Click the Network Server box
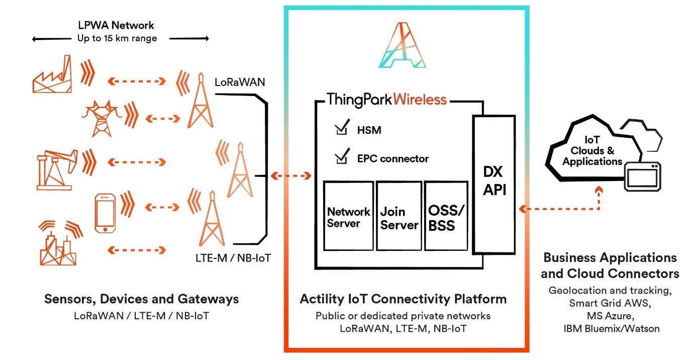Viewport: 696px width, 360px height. tap(348, 216)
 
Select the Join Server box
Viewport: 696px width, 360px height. tap(399, 216)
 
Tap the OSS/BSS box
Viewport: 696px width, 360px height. tap(446, 216)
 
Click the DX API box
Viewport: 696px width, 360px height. tap(493, 184)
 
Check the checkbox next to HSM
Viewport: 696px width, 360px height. tap(341, 129)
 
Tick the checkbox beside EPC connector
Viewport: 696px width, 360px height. tap(341, 158)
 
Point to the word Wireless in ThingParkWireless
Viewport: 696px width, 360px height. tap(420, 99)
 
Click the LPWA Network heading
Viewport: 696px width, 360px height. tap(116, 25)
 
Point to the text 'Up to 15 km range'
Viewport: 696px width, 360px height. tap(117, 39)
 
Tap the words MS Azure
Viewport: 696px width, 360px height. tap(610, 316)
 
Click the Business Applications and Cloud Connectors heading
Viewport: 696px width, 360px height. tap(610, 265)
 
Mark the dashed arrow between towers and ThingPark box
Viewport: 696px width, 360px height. tap(291, 176)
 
